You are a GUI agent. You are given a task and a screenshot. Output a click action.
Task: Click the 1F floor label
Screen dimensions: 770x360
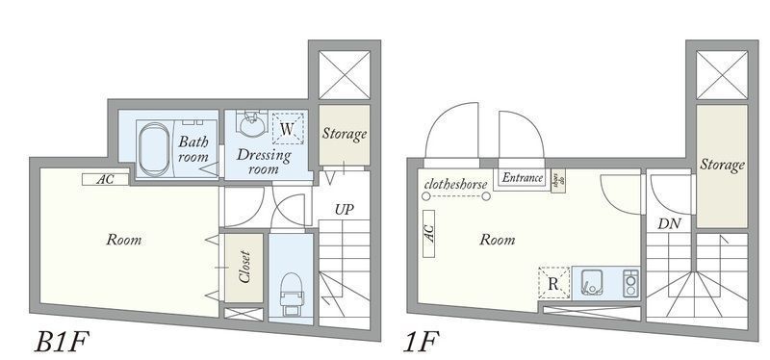click(420, 343)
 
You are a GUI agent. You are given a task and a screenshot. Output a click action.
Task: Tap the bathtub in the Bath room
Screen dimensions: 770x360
click(153, 149)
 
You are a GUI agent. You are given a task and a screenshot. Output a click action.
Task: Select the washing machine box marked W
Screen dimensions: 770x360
click(287, 128)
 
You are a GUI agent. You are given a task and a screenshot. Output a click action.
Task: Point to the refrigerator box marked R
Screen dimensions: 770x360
click(552, 282)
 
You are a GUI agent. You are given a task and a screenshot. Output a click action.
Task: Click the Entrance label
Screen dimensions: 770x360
click(523, 178)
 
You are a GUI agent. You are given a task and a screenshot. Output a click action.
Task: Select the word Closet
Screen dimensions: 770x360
click(244, 270)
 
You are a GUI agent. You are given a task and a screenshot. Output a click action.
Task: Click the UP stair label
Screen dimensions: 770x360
click(344, 209)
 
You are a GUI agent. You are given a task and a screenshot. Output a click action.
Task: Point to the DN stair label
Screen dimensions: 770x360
click(670, 223)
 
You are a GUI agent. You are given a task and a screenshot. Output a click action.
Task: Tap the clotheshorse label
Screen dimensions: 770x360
click(455, 182)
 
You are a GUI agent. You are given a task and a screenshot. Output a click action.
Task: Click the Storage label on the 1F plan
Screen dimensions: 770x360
click(722, 165)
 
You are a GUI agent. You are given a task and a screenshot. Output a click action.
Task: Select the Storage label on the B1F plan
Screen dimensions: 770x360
click(344, 135)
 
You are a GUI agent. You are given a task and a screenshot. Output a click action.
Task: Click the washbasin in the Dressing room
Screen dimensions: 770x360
click(253, 126)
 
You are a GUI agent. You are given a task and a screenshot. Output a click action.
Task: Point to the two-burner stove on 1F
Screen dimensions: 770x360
click(630, 283)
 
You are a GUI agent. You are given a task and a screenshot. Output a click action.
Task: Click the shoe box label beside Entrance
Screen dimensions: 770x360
click(557, 180)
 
